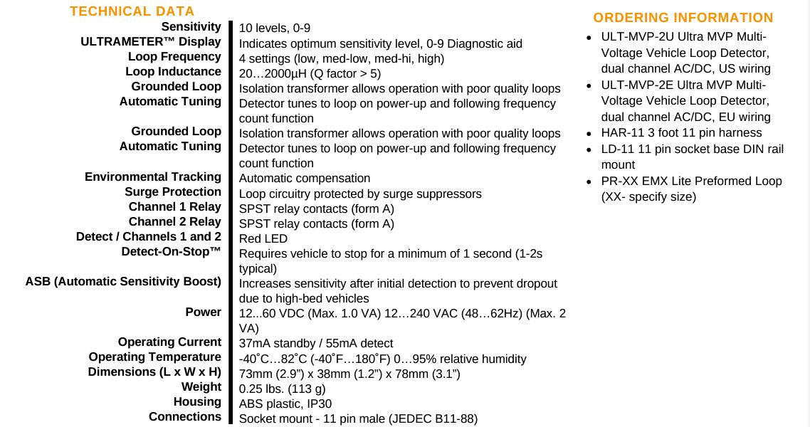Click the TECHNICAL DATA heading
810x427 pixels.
(x=132, y=11)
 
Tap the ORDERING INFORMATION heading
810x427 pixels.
(x=683, y=18)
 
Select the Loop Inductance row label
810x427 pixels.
(x=173, y=72)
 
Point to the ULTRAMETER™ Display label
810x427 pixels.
(x=151, y=42)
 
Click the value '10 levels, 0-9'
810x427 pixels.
(x=275, y=28)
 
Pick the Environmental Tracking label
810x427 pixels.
(x=153, y=177)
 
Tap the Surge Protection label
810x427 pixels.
(x=173, y=192)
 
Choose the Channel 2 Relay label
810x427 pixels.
(x=174, y=222)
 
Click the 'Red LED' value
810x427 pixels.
(x=263, y=239)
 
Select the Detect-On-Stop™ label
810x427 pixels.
(x=171, y=252)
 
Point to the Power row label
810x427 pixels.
(x=204, y=312)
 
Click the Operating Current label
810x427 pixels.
(x=169, y=342)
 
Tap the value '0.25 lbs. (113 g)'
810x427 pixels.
(x=283, y=389)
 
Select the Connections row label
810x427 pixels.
(x=185, y=417)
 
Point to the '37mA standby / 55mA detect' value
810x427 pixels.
(x=316, y=344)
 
